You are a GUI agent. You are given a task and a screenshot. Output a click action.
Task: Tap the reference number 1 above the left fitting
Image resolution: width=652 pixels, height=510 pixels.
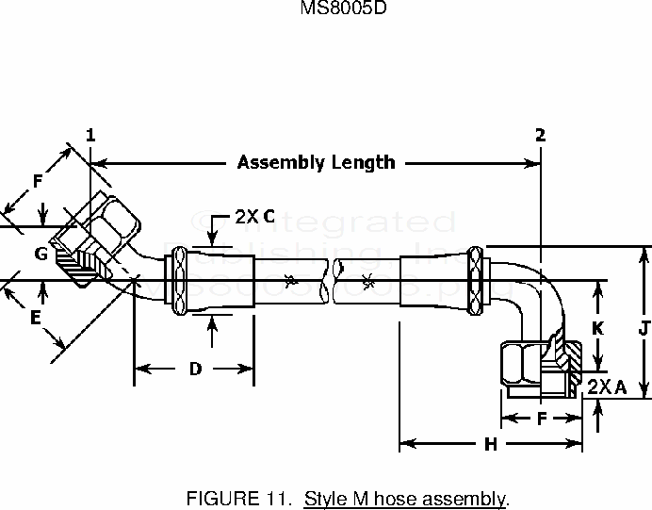[90, 135]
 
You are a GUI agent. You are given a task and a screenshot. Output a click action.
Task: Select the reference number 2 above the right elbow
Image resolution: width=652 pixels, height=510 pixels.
[541, 135]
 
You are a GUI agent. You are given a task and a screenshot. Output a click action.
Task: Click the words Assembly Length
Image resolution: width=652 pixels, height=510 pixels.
[316, 162]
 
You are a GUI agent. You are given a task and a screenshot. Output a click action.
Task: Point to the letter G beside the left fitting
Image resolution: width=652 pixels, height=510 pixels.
[41, 253]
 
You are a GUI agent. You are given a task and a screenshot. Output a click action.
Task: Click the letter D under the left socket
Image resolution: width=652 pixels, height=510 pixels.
[195, 369]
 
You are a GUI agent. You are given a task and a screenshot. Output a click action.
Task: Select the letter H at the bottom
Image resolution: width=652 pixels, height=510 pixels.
[490, 445]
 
